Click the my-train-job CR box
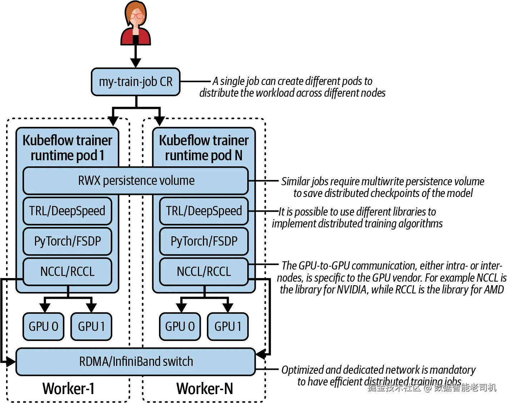[x=135, y=82]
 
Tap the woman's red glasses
[x=137, y=16]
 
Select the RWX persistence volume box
[x=136, y=181]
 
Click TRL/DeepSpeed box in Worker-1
[x=67, y=211]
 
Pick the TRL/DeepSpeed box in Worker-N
[x=204, y=211]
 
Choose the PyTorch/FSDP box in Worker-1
[x=67, y=241]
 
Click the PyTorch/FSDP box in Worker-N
[x=204, y=241]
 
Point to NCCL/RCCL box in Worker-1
[x=67, y=272]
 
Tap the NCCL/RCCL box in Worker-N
[x=204, y=272]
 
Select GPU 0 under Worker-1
[x=43, y=326]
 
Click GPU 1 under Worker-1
[x=91, y=326]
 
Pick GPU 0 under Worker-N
[x=180, y=326]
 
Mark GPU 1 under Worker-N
[x=228, y=326]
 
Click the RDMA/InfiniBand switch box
[x=136, y=362]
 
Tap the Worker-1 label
[x=68, y=388]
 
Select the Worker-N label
[x=204, y=388]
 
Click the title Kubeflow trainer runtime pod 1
[x=67, y=148]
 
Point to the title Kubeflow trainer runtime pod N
[x=204, y=148]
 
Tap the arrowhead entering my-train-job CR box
[x=135, y=63]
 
